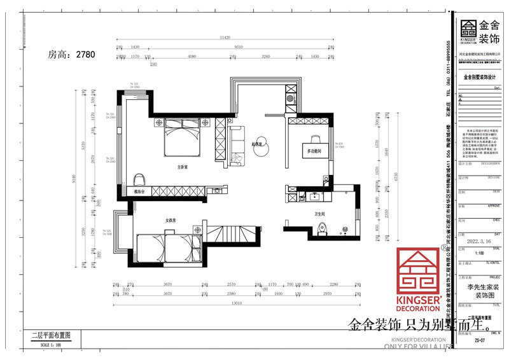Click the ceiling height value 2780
[x=85, y=55]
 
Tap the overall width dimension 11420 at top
[x=225, y=39]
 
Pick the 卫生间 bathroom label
[x=319, y=214]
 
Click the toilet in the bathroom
[x=323, y=230]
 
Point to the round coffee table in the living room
[x=260, y=142]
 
